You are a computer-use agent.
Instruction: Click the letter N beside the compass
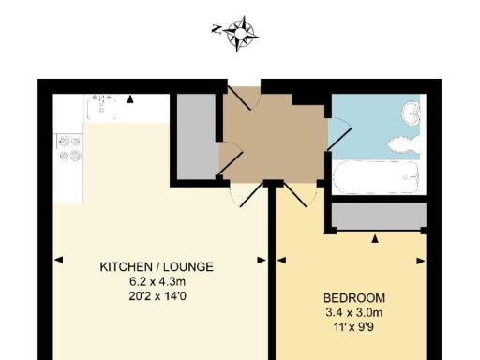(217, 29)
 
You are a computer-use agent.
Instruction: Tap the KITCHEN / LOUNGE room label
(157, 267)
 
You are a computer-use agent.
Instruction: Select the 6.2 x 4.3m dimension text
(157, 280)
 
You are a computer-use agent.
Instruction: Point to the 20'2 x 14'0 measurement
(157, 293)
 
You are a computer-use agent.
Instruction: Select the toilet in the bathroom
(402, 144)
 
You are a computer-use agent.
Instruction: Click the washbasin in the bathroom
(412, 114)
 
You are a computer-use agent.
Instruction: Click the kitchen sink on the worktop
(105, 105)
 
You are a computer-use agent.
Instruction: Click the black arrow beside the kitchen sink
(131, 97)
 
